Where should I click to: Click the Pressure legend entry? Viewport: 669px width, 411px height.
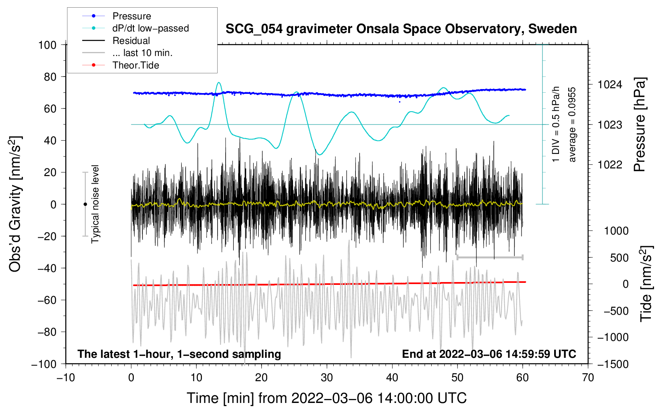tap(116, 16)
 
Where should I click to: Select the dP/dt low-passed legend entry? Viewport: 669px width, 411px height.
tap(135, 28)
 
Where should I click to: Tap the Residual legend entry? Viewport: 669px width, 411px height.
tap(116, 41)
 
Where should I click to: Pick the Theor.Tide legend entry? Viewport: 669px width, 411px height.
tap(121, 65)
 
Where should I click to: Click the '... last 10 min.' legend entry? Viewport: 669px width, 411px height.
tap(127, 53)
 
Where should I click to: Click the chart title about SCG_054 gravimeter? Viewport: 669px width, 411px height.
tap(401, 29)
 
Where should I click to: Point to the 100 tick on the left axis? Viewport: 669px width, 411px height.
tap(47, 45)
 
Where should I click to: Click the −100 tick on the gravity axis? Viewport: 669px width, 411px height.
tap(44, 364)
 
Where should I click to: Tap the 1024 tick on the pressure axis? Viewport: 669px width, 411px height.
tap(610, 85)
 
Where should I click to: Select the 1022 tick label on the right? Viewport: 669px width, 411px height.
tap(610, 164)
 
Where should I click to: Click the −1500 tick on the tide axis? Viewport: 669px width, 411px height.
tap(613, 364)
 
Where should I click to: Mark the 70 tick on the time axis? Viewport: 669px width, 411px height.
tap(588, 378)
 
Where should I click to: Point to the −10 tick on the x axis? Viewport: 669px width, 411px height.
tap(66, 378)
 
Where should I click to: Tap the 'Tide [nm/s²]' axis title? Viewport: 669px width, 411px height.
tap(646, 284)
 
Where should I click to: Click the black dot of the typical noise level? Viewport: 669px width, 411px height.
tap(85, 204)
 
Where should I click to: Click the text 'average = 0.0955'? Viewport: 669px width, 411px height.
tap(572, 125)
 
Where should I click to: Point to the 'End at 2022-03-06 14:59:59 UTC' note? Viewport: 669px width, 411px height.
tap(489, 354)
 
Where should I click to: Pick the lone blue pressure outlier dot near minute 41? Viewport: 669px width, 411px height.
tap(400, 102)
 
